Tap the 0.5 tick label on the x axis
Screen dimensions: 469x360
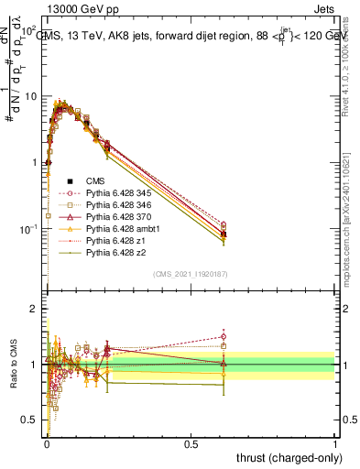point(191,443)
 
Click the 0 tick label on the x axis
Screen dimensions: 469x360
point(47,443)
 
